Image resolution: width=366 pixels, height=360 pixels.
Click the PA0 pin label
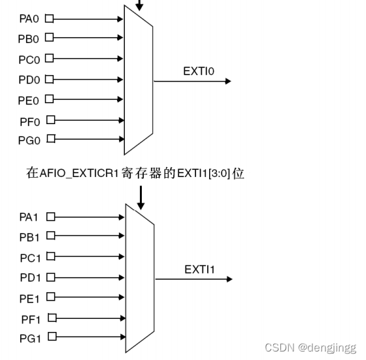tap(30, 19)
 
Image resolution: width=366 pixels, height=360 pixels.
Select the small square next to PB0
tap(48, 39)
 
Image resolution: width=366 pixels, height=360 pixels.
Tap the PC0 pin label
tap(30, 59)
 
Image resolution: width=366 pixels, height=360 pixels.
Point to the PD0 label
tap(30, 80)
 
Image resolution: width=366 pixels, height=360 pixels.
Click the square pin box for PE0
tap(48, 99)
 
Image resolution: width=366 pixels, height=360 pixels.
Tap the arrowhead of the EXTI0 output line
tap(227, 82)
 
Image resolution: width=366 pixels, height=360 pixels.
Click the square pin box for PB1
tap(50, 237)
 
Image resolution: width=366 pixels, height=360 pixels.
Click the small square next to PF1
tap(51, 318)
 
